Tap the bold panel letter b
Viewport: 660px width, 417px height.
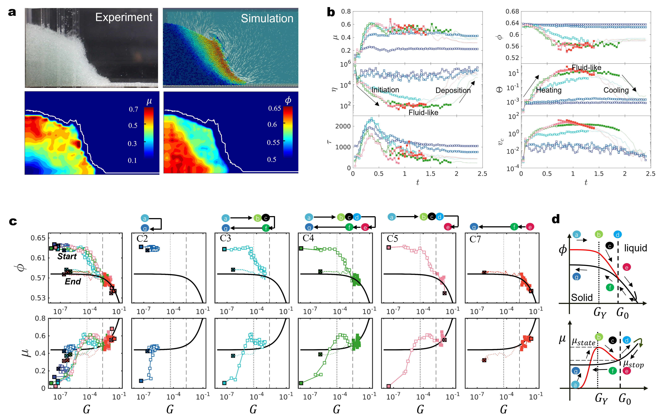tap(331, 12)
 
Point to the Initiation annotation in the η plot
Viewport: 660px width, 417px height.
tap(385, 90)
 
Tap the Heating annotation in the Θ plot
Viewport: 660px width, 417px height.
tap(549, 90)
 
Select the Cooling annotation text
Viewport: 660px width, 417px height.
tap(616, 90)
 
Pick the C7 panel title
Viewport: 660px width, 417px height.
tap(475, 239)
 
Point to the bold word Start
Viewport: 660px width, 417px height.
tap(67, 256)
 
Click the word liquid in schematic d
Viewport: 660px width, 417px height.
tap(635, 248)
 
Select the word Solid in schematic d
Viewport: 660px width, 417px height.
tap(582, 298)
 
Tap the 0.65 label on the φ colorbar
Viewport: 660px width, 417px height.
tap(274, 108)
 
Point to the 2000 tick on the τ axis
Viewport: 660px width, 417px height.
tap(343, 126)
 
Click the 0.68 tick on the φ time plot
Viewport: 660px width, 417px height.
tap(512, 11)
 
